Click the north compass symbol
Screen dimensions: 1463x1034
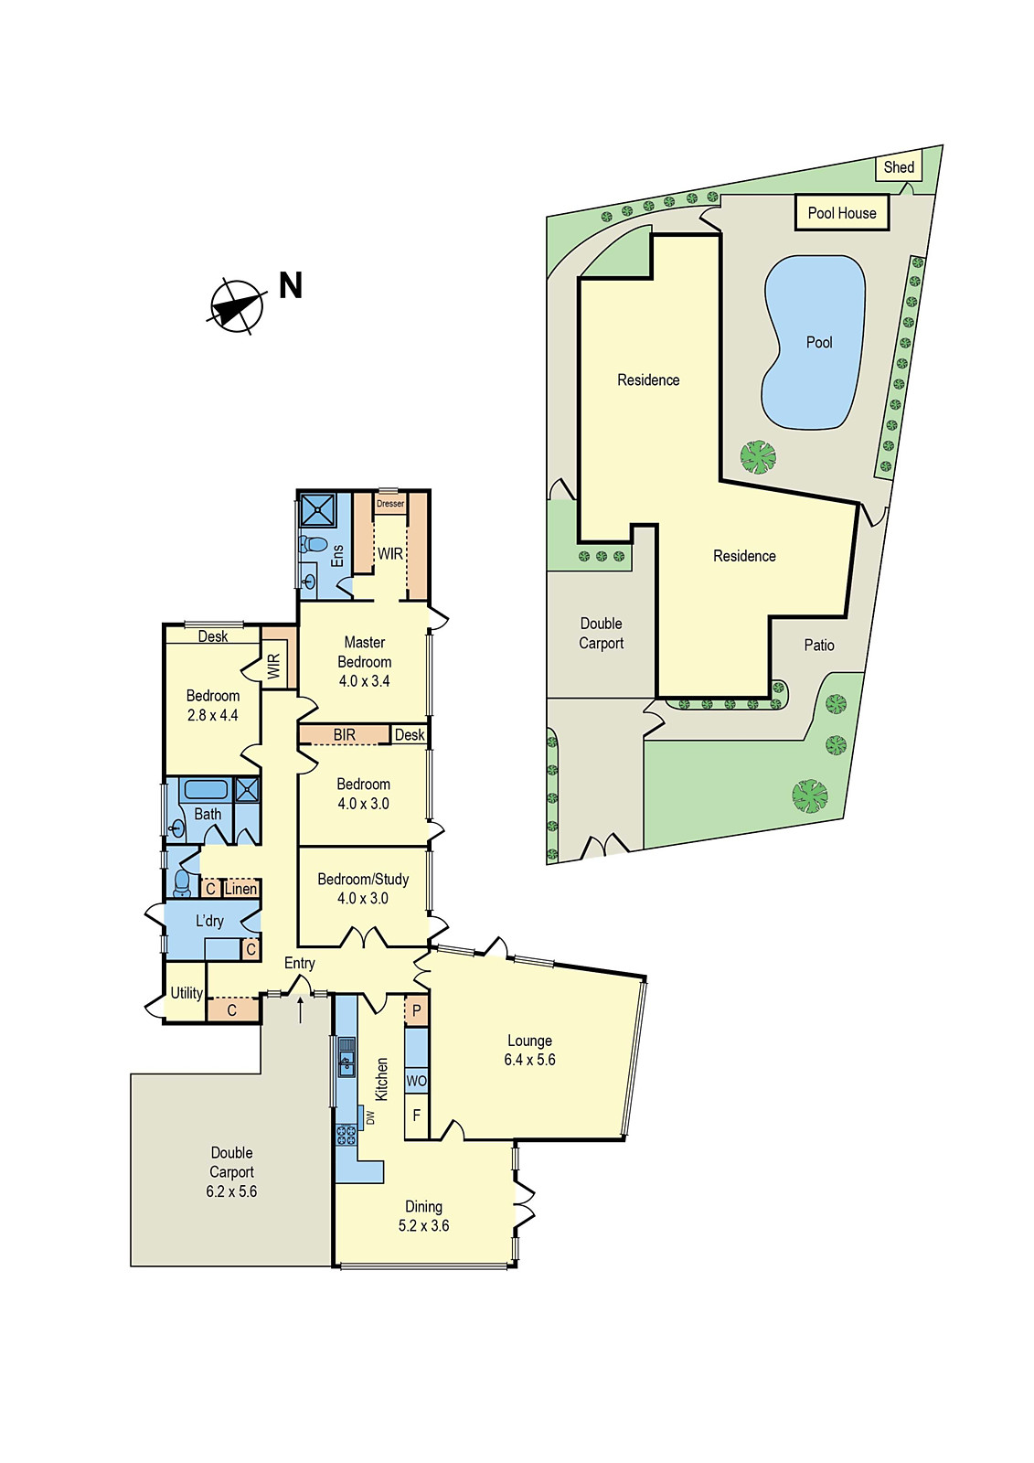(x=237, y=305)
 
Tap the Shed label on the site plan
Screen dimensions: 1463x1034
(x=899, y=167)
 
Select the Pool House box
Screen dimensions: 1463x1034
(x=842, y=213)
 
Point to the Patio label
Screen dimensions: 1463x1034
(x=819, y=646)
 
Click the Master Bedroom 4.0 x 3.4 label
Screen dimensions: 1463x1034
(x=364, y=661)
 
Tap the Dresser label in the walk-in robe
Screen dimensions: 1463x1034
(x=390, y=504)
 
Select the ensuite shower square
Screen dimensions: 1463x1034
(x=318, y=510)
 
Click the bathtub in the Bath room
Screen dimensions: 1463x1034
(x=206, y=789)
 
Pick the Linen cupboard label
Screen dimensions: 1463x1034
(x=240, y=889)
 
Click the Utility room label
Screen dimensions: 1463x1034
(x=187, y=993)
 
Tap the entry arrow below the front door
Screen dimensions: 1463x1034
(x=301, y=1009)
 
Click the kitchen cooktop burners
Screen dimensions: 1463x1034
(x=346, y=1135)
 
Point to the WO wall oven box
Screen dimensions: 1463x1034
(x=416, y=1081)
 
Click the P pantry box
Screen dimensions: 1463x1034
(x=417, y=1010)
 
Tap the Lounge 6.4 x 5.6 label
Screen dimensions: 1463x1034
(x=529, y=1050)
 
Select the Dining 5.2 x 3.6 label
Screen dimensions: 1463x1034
(x=423, y=1216)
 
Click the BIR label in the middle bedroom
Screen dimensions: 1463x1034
(x=344, y=735)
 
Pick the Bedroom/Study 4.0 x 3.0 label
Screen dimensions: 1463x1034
(x=363, y=889)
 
